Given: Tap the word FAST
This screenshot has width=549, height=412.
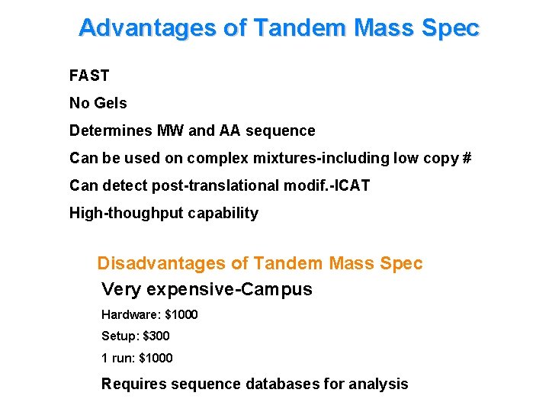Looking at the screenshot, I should (x=89, y=76).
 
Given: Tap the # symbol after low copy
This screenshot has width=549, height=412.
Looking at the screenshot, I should (x=467, y=158).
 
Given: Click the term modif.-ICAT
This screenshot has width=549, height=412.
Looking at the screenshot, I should (x=330, y=185).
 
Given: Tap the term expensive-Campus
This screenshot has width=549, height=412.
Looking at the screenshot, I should (x=229, y=290).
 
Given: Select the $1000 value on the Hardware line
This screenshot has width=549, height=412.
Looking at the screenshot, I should (x=181, y=314).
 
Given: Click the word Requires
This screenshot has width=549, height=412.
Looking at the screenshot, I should (x=134, y=384).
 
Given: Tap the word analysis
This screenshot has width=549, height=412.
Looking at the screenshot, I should (x=379, y=384).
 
